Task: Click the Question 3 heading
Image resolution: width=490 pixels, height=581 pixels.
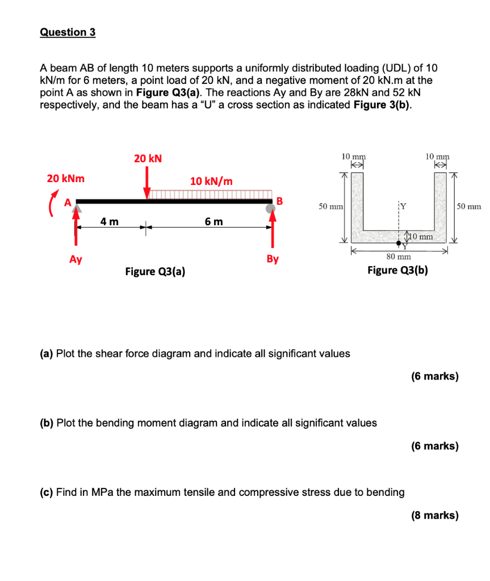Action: coord(68,32)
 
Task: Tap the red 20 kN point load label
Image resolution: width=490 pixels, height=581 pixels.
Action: coord(148,159)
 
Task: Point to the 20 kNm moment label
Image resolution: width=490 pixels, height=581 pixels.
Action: coord(65,179)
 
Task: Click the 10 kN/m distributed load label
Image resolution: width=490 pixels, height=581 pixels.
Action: coord(211,181)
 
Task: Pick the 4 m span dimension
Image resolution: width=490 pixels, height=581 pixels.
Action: coord(110,221)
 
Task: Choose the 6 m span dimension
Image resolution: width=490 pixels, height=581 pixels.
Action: coord(214,221)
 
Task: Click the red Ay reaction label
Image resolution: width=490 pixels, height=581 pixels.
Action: coord(76,259)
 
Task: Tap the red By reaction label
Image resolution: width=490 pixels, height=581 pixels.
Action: coord(273,259)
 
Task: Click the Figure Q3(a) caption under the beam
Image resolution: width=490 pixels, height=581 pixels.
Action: coord(155,271)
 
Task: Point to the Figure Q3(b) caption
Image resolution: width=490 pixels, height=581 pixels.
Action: coord(397,270)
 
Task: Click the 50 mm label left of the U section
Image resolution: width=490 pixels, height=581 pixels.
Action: coord(330,207)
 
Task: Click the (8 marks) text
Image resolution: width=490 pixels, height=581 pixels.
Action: coord(434,515)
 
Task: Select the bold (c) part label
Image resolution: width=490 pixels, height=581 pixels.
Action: coord(47,492)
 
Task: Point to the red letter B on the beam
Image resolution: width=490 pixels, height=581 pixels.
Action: coord(279,200)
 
